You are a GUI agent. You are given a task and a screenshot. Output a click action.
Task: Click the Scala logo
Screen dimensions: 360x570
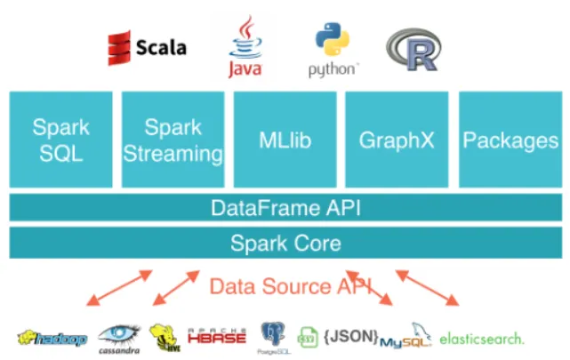tap(147, 47)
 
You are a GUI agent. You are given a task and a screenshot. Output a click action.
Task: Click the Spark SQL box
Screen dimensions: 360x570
tap(60, 139)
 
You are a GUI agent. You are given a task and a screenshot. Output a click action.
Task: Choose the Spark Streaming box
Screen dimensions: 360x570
tap(173, 139)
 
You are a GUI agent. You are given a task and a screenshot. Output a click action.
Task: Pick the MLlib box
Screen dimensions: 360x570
tap(285, 139)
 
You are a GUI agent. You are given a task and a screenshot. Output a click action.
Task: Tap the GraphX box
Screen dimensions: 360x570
tap(396, 139)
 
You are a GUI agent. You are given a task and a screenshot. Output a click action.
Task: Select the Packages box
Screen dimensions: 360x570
tap(510, 139)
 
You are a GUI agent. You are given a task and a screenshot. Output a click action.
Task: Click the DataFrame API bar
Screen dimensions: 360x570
tap(285, 208)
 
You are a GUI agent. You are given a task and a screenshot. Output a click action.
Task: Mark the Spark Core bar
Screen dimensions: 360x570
tap(285, 243)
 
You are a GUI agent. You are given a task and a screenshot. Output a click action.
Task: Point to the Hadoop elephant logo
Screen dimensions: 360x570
tap(52, 338)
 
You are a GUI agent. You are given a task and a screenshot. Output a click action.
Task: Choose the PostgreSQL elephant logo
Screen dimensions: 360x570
tap(273, 335)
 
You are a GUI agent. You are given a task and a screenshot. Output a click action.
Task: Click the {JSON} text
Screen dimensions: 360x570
tap(349, 337)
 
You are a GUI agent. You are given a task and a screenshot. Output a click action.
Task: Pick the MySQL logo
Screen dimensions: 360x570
tap(405, 337)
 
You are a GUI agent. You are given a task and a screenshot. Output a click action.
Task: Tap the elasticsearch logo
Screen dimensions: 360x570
tap(481, 338)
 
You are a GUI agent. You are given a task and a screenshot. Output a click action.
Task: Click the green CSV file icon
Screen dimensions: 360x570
tap(308, 337)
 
